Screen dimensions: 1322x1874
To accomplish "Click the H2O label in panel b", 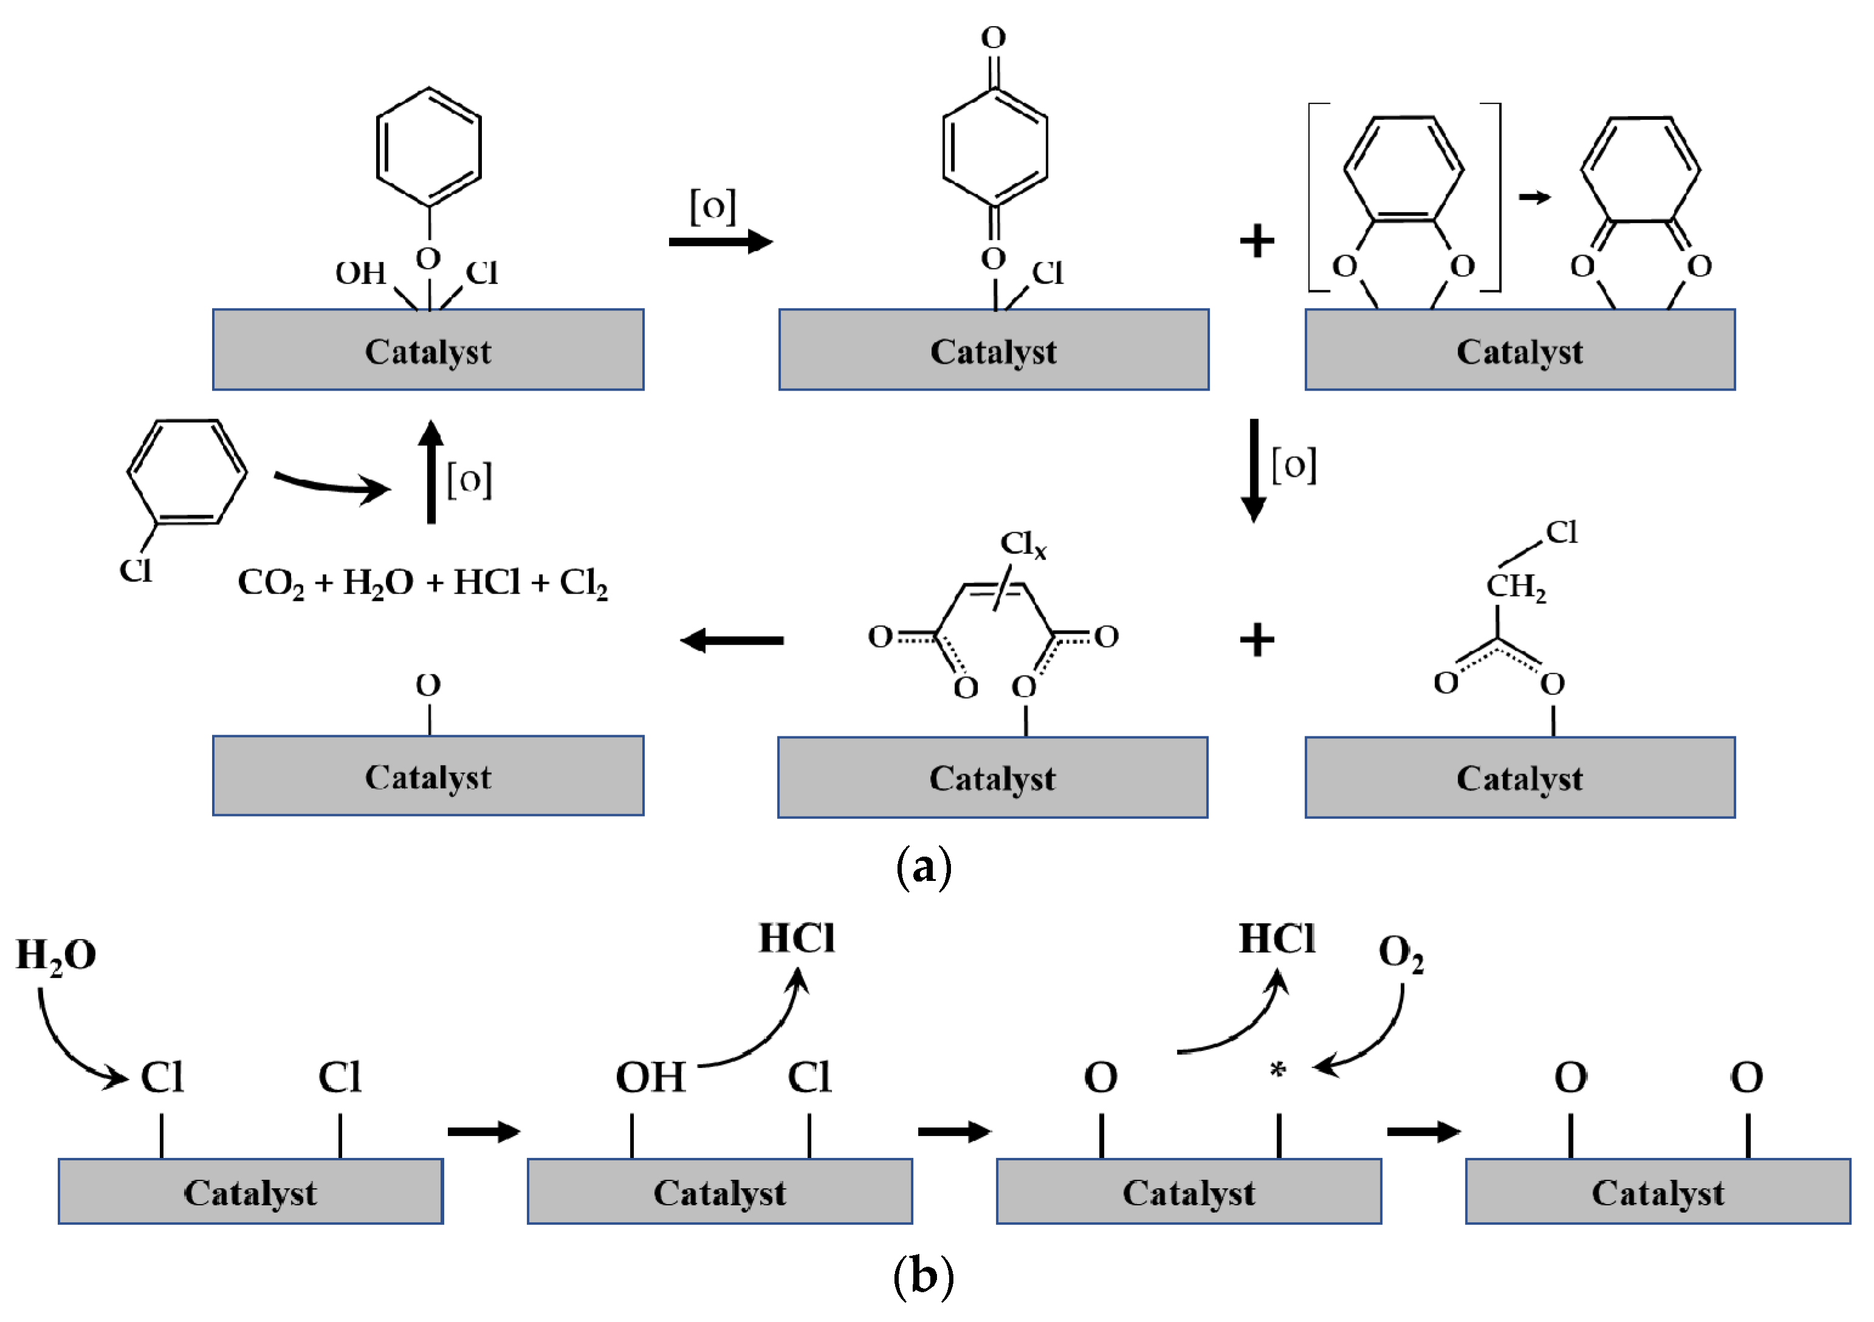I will pos(55,956).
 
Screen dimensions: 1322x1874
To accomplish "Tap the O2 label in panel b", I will pos(1401,953).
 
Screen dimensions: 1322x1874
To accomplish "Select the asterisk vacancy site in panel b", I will pos(1278,1070).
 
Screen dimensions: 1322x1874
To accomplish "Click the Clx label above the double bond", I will pos(1022,544).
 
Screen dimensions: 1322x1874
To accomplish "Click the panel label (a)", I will pos(923,866).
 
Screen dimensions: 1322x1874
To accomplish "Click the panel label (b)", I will pos(923,1275).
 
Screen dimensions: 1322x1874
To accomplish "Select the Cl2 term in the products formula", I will pos(583,583).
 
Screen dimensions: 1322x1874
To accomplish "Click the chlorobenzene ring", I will pos(188,471).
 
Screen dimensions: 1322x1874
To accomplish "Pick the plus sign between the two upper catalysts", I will pos(1256,242).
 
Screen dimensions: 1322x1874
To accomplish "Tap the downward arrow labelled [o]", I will pos(1254,470).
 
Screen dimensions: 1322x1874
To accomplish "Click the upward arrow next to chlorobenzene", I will pos(431,471).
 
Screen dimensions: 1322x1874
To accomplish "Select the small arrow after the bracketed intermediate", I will pos(1534,197).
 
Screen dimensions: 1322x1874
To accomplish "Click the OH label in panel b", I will pos(650,1078).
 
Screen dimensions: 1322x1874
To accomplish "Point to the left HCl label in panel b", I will pos(797,939).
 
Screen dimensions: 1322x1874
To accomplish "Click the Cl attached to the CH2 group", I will pos(1562,533).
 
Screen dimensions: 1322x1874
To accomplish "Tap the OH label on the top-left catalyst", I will pos(360,273).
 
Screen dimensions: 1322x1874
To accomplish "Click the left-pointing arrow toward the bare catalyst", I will pos(732,640).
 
